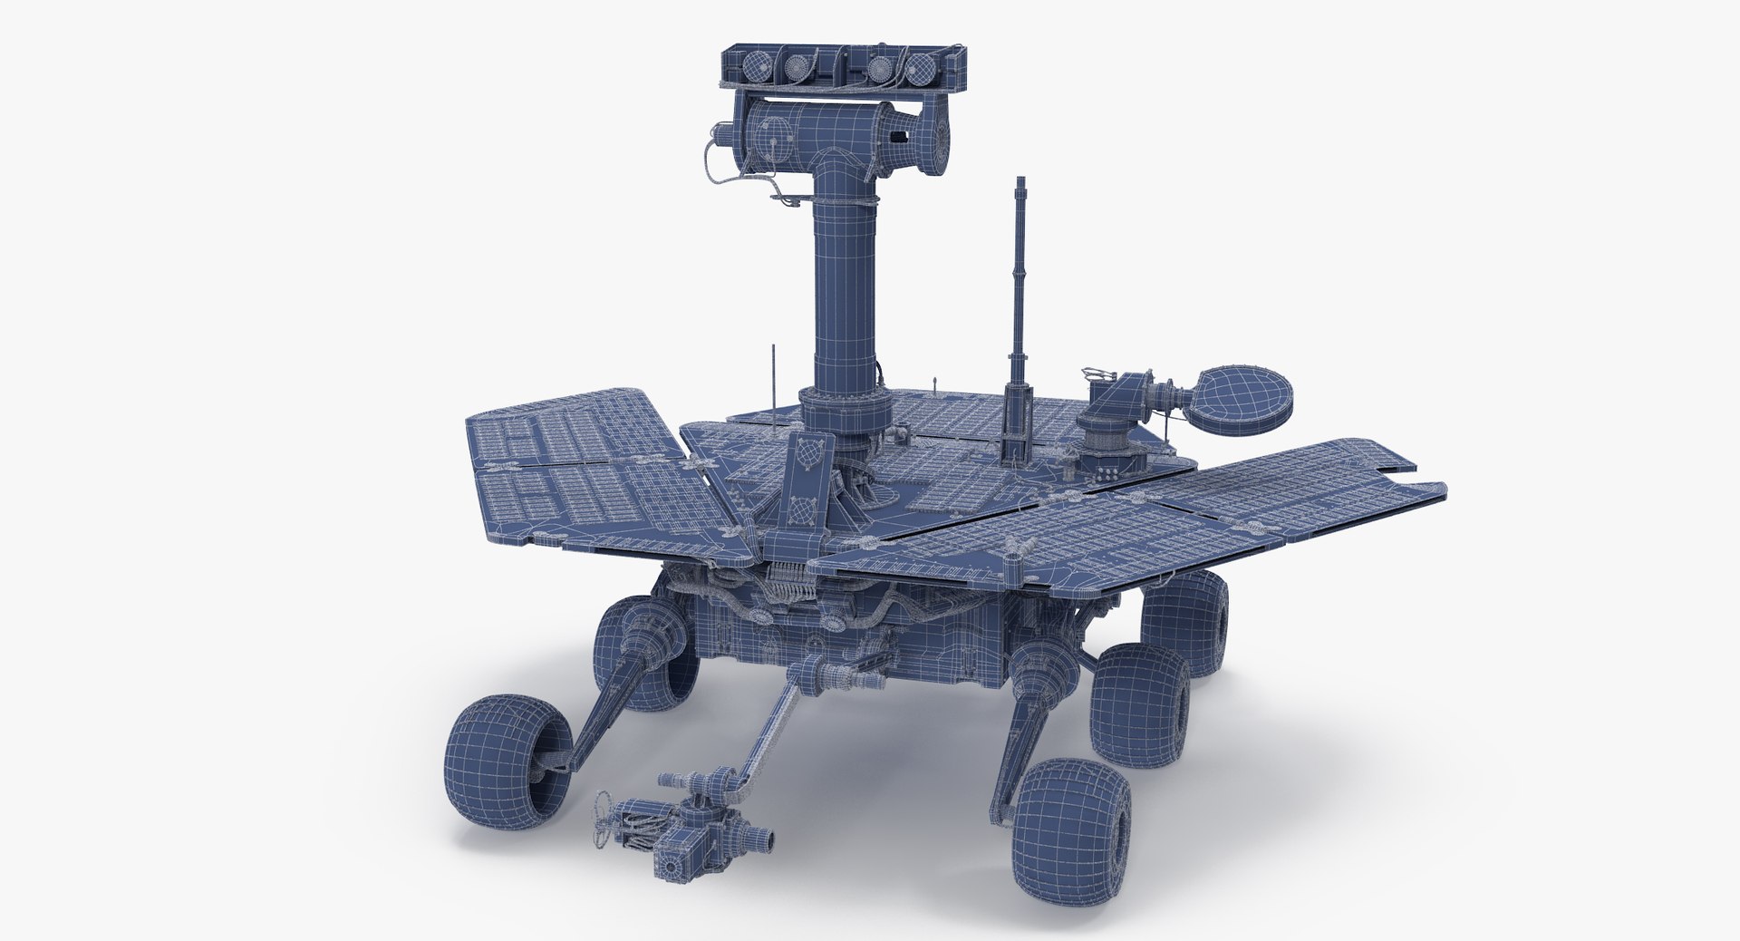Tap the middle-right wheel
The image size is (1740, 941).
(x=1139, y=703)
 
